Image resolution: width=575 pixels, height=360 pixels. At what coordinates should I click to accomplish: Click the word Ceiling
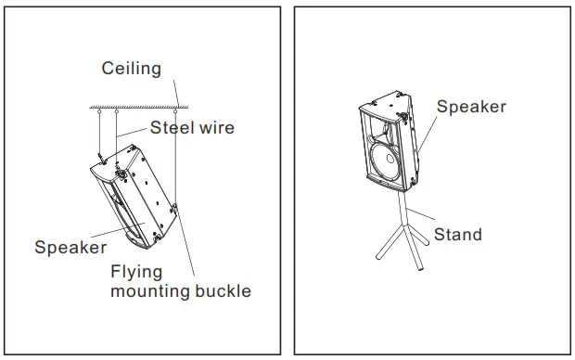pyautogui.click(x=131, y=69)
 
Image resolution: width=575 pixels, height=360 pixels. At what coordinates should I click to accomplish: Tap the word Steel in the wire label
pyautogui.click(x=170, y=128)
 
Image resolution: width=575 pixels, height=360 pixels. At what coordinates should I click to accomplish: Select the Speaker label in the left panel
pyautogui.click(x=70, y=248)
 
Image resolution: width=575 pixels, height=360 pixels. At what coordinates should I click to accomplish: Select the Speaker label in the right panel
pyautogui.click(x=471, y=107)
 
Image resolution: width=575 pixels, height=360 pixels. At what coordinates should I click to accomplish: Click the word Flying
pyautogui.click(x=136, y=272)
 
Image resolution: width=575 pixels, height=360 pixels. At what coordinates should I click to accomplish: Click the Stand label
pyautogui.click(x=458, y=234)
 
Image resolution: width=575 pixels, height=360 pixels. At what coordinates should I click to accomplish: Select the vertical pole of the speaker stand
pyautogui.click(x=399, y=210)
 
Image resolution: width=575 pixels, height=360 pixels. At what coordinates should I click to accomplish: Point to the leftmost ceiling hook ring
pyautogui.click(x=96, y=114)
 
